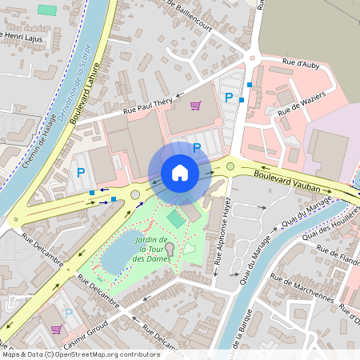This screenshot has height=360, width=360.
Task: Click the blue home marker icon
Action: click(x=179, y=172)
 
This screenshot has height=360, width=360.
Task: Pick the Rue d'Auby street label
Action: click(x=300, y=62)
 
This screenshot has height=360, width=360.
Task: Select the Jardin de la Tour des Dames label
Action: click(x=150, y=250)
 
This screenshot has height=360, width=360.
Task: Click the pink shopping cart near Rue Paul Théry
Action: click(x=194, y=106)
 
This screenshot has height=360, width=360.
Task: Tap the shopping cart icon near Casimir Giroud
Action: click(x=56, y=329)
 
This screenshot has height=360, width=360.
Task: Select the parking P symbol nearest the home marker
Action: click(x=197, y=148)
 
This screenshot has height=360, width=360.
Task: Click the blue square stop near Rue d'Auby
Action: click(x=250, y=84)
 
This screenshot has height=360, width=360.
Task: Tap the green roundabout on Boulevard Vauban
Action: click(x=230, y=166)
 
